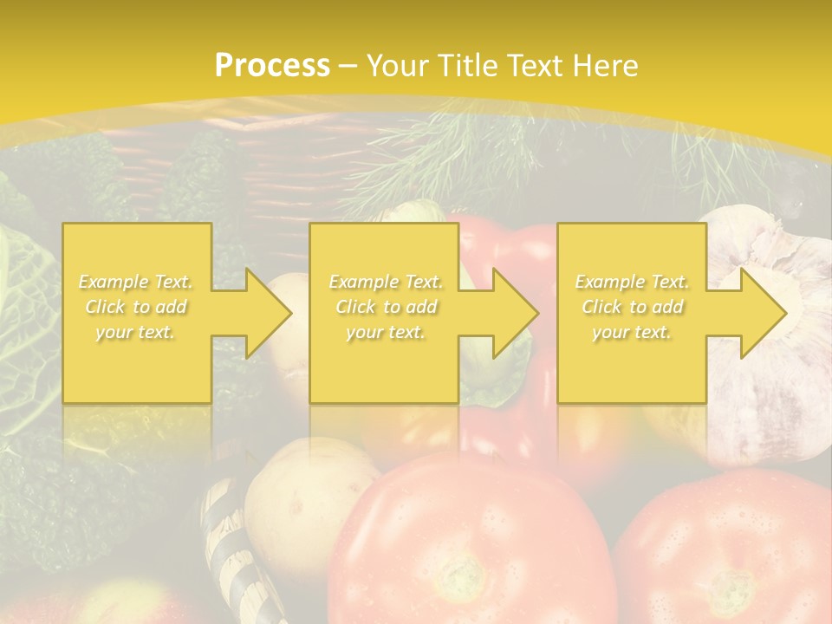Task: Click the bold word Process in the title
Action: click(x=272, y=66)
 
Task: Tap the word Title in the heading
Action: click(x=465, y=66)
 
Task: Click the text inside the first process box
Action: click(x=136, y=307)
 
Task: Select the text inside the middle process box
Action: click(x=385, y=307)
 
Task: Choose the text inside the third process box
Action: click(x=632, y=307)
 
